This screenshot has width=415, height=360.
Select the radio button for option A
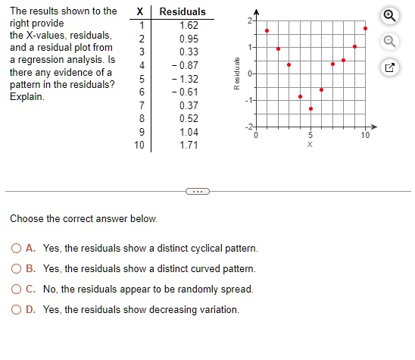(17, 249)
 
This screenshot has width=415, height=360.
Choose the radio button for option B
(17, 269)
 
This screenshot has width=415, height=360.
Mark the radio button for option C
(17, 290)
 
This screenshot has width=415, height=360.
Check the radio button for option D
(17, 310)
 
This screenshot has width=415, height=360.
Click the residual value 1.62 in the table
(189, 25)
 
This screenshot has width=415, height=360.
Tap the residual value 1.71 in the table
(189, 145)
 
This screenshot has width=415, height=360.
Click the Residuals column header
(183, 11)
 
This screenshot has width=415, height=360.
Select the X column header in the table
(141, 11)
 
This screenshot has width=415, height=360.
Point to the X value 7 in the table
(141, 105)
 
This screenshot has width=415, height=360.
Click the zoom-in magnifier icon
(389, 15)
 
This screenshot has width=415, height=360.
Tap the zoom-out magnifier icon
(389, 42)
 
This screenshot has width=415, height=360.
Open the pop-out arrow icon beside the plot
(389, 69)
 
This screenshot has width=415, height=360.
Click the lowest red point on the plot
(310, 108)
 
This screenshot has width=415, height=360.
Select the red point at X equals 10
(365, 29)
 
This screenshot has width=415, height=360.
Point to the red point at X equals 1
(267, 31)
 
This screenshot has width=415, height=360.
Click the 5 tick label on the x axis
(310, 135)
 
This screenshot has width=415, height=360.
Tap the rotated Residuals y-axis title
(237, 73)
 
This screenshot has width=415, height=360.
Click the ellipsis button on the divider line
(197, 190)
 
